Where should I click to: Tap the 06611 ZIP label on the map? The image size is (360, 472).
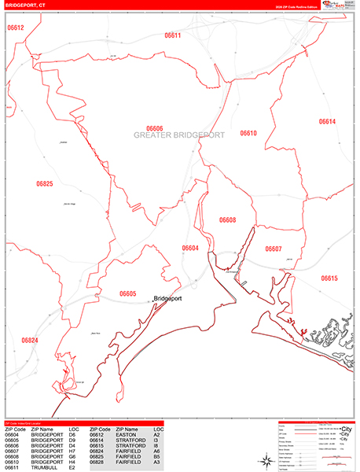point(173,35)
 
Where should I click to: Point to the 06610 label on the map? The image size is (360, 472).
point(248,134)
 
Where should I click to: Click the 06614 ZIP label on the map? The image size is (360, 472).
point(327,122)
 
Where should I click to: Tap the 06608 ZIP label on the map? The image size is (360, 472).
point(227,220)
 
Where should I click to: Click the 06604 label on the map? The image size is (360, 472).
point(190,249)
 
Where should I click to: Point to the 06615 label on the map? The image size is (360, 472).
point(329,278)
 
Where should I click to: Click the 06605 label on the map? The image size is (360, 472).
point(128,293)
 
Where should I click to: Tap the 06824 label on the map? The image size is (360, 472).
point(29,340)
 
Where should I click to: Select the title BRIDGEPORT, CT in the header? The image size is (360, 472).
point(25,5)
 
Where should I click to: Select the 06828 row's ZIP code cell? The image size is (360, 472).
point(101,462)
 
